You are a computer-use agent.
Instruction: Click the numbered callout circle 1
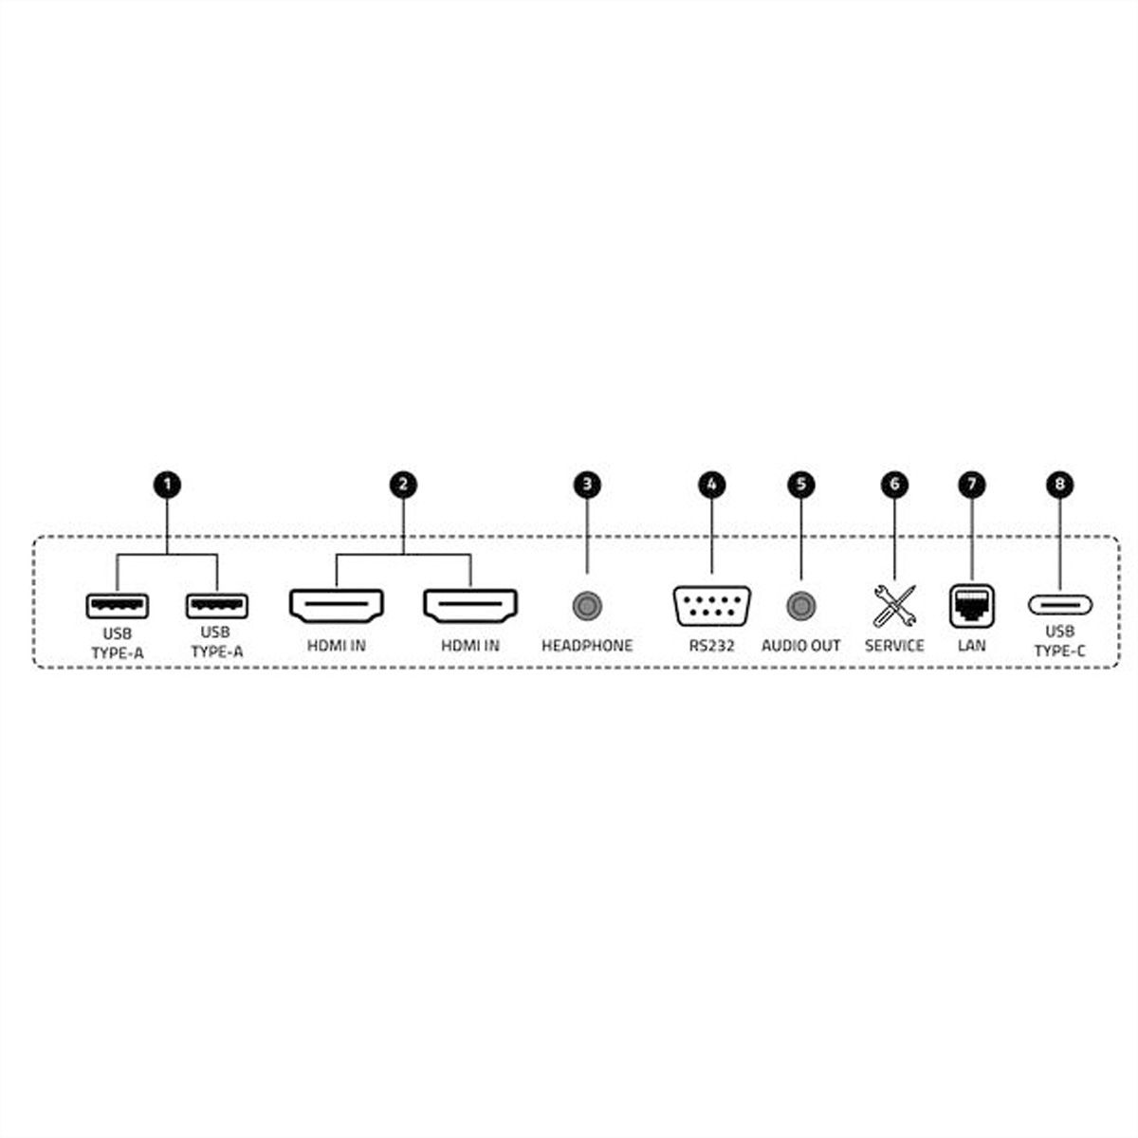(x=167, y=485)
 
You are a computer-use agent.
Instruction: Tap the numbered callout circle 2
(x=403, y=485)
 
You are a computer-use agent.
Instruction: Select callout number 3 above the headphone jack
(x=587, y=485)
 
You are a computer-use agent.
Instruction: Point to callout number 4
(x=711, y=485)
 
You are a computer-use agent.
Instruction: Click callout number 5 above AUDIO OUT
(x=800, y=485)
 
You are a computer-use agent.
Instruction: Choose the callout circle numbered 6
(x=894, y=485)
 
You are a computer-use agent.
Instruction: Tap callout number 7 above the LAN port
(x=972, y=485)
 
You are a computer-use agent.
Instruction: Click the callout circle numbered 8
(x=1059, y=485)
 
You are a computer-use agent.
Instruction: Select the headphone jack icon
(x=587, y=606)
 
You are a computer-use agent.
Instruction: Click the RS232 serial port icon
(x=711, y=606)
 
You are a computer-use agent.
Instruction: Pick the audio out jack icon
(x=800, y=606)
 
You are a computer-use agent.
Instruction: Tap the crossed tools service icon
(x=894, y=606)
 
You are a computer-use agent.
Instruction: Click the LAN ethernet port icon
(x=972, y=606)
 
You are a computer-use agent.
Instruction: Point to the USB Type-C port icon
(x=1060, y=605)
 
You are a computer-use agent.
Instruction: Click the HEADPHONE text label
(x=587, y=646)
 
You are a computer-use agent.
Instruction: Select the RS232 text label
(x=711, y=646)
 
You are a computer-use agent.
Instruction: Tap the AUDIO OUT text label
(x=800, y=646)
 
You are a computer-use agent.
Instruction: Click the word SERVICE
(x=894, y=646)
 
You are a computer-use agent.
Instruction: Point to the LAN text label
(x=972, y=646)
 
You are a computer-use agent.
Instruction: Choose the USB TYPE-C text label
(x=1060, y=641)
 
